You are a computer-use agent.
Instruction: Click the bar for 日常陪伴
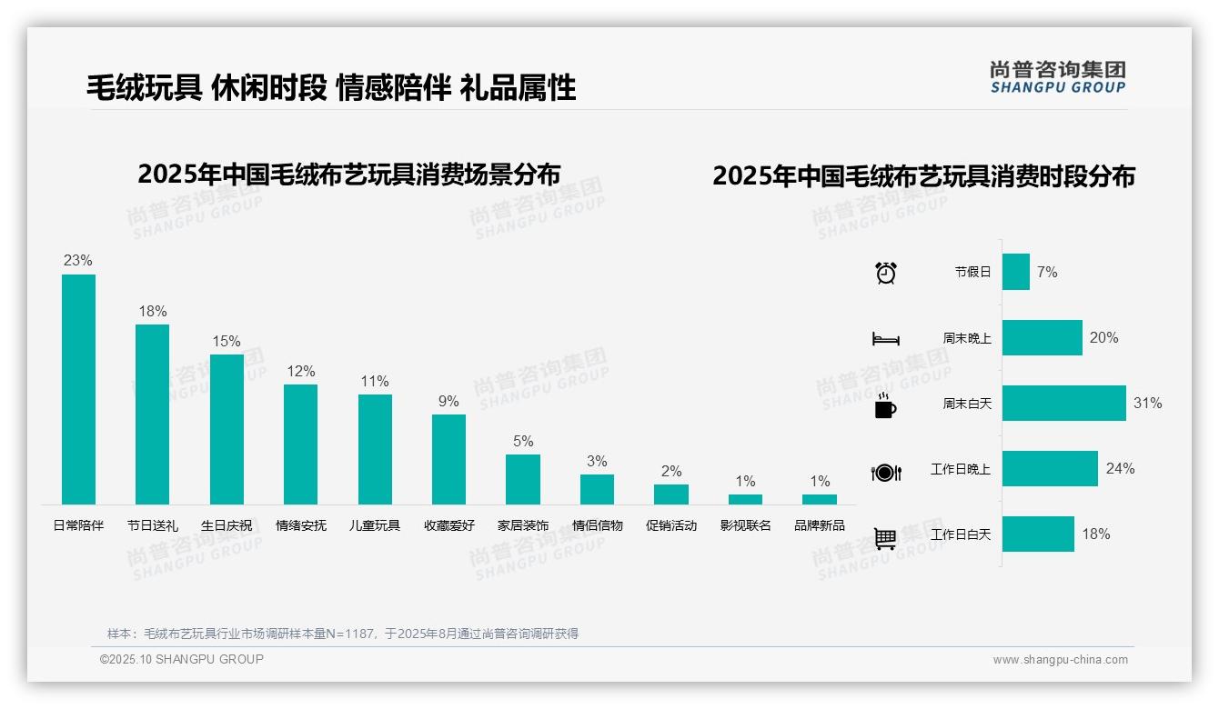(x=78, y=389)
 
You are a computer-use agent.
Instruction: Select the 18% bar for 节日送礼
(x=152, y=414)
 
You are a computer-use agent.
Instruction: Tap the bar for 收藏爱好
(x=448, y=459)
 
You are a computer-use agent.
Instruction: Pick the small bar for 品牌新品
(x=819, y=499)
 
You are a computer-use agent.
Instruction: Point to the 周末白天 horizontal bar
(x=1063, y=403)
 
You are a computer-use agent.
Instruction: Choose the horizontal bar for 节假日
(x=1015, y=272)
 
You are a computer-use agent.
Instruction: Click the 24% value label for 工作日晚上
(x=1120, y=469)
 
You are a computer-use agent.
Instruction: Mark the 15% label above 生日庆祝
(x=227, y=342)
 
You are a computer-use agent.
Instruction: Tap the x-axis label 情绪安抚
(x=301, y=525)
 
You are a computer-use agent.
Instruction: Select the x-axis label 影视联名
(x=745, y=525)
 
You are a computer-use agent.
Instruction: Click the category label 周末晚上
(x=966, y=338)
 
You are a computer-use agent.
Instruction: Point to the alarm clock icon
(x=886, y=273)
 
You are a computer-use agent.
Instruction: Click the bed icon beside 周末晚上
(x=886, y=339)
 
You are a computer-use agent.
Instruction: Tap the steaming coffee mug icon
(x=885, y=405)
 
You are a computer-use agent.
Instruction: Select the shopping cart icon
(x=885, y=538)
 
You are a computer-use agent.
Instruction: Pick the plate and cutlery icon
(x=886, y=472)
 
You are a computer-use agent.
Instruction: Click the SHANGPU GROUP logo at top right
(x=1057, y=77)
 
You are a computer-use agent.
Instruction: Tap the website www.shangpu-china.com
(x=1060, y=660)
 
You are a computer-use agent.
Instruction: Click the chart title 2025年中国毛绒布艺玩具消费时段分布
(x=923, y=176)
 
